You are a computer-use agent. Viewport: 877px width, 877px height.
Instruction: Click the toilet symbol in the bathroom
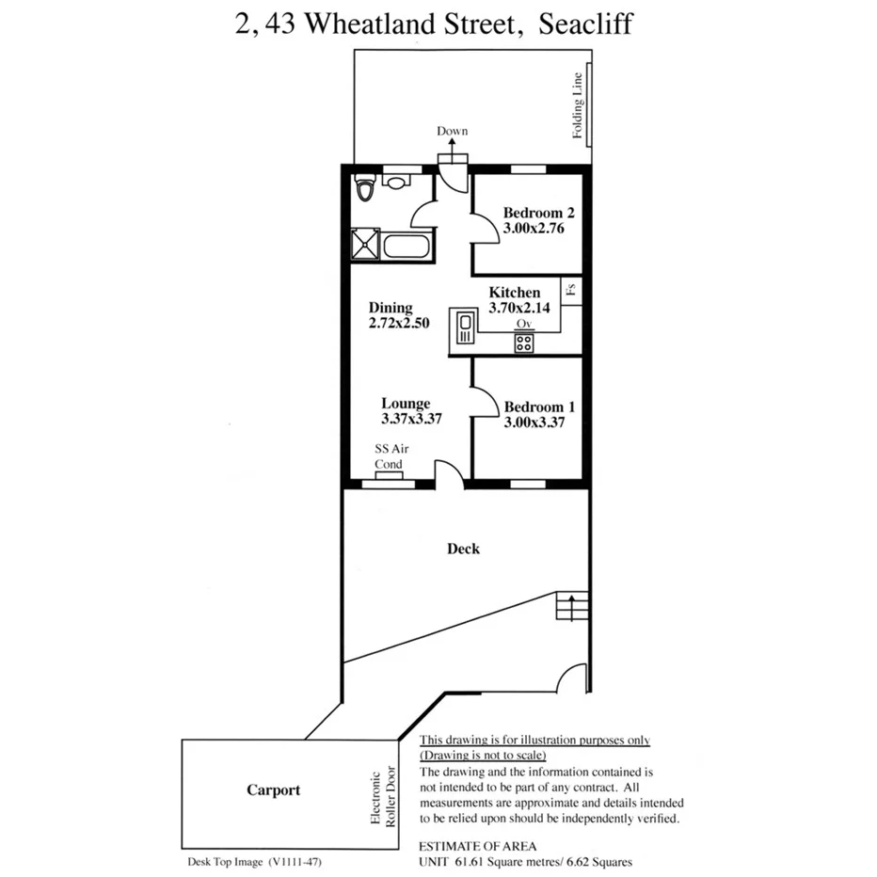click(x=365, y=188)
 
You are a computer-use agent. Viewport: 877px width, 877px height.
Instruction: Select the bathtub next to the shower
click(x=407, y=247)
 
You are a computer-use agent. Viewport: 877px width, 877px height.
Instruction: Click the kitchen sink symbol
click(x=464, y=328)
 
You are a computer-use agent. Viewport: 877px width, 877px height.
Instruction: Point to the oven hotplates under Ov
click(x=524, y=342)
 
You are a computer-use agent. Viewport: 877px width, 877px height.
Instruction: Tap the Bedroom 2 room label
click(x=533, y=213)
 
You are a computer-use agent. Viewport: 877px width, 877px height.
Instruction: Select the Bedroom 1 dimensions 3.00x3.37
click(x=534, y=423)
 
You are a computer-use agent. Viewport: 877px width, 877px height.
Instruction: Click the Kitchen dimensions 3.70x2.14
click(x=516, y=307)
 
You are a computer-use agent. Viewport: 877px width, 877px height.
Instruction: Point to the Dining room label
click(x=391, y=308)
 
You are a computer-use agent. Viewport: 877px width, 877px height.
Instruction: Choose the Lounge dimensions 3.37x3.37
click(x=411, y=419)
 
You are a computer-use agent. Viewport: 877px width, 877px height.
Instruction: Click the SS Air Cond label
click(x=390, y=457)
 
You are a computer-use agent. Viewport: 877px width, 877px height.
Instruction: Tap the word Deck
click(x=463, y=549)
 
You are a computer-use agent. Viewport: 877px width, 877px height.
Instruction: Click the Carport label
click(x=274, y=789)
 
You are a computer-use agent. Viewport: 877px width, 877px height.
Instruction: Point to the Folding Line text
click(x=579, y=105)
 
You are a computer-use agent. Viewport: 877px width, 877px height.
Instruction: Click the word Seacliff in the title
click(x=585, y=24)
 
